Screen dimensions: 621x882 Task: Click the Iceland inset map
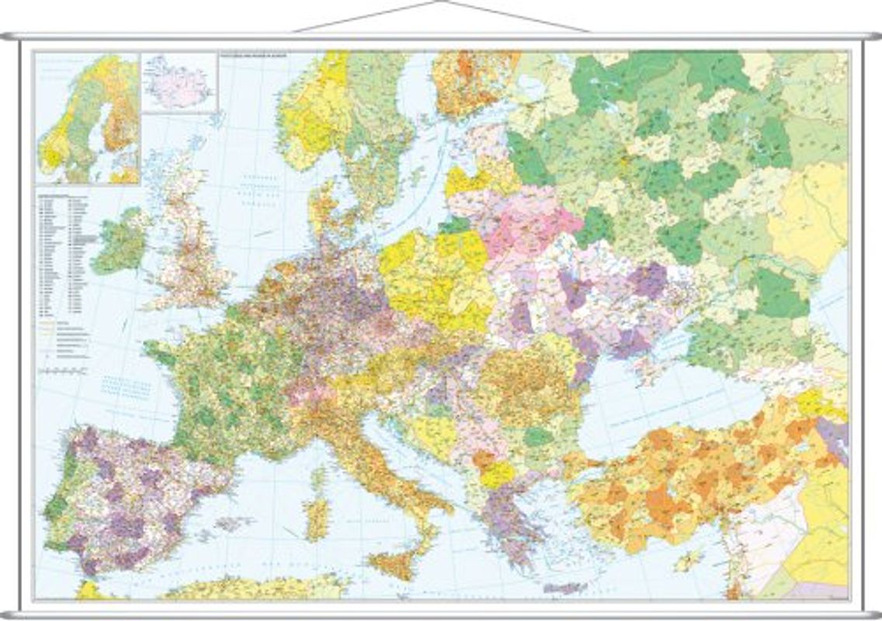click(x=179, y=82)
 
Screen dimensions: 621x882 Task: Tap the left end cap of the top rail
click(x=7, y=36)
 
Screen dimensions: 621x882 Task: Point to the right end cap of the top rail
click(x=874, y=36)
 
